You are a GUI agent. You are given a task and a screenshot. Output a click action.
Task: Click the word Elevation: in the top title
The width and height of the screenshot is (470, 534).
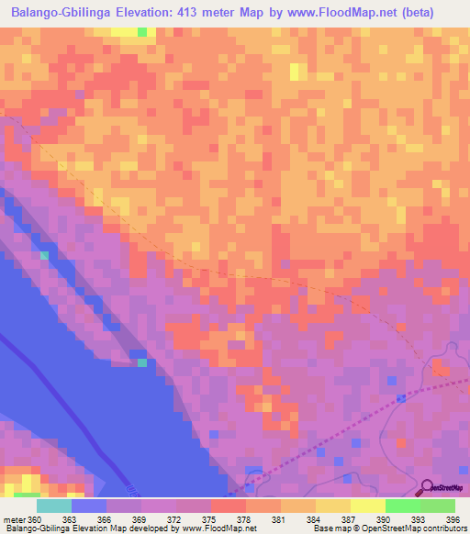coord(164,13)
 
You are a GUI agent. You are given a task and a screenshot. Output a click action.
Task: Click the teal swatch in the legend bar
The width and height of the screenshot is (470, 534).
coord(53,506)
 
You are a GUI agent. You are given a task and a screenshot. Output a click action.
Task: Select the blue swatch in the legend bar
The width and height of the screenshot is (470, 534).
coord(89,506)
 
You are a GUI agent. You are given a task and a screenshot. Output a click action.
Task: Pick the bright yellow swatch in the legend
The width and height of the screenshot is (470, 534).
coord(368,506)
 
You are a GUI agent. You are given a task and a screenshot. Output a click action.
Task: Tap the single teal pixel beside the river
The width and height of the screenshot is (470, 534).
coord(142,362)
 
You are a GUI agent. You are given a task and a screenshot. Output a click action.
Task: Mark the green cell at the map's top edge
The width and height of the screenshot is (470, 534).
coord(142,32)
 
